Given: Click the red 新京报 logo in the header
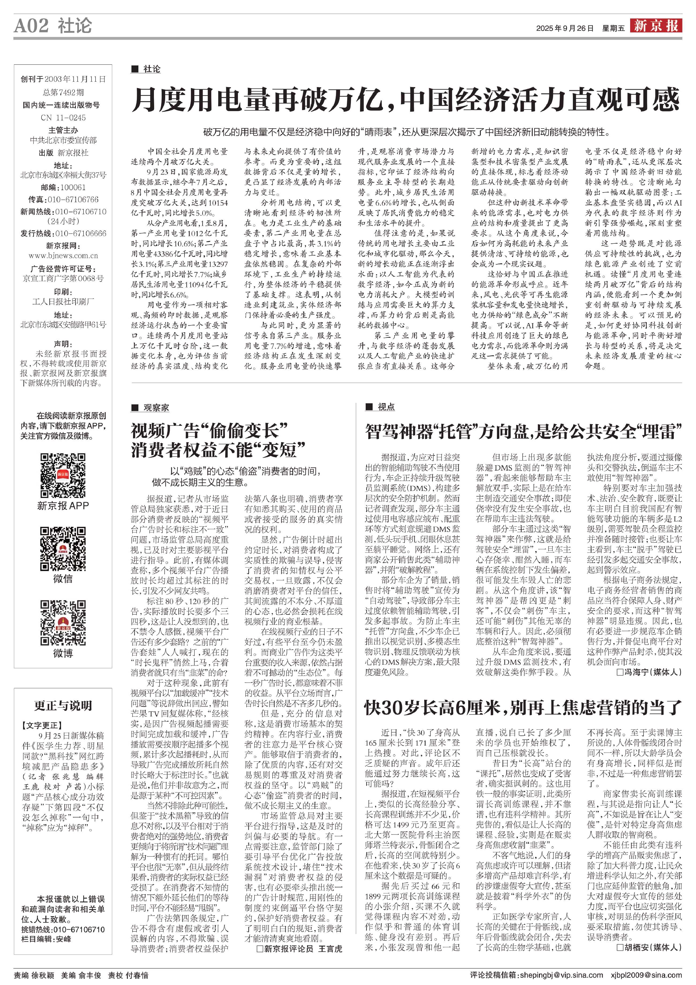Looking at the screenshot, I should coord(656,26).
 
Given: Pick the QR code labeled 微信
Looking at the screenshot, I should coord(63,549).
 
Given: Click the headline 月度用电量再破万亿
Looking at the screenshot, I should coord(405,100).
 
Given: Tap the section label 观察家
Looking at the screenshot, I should coord(156,408).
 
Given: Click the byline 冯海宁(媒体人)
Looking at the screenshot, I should coord(648,672).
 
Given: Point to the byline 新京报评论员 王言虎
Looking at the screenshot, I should coord(299,949).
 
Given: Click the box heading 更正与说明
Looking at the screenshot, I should coord(63,706).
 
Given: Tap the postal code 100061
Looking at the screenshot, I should coord(73,187).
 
